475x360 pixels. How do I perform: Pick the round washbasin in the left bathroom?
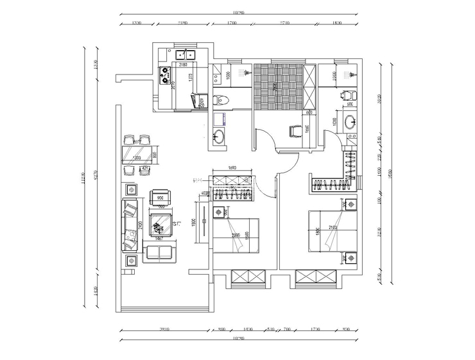pos(219,135)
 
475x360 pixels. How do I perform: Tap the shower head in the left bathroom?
pos(242,72)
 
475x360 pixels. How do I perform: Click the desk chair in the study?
pos(295,131)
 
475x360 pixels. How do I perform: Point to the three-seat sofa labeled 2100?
pos(131,225)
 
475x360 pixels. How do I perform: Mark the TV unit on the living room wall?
pos(203,223)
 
